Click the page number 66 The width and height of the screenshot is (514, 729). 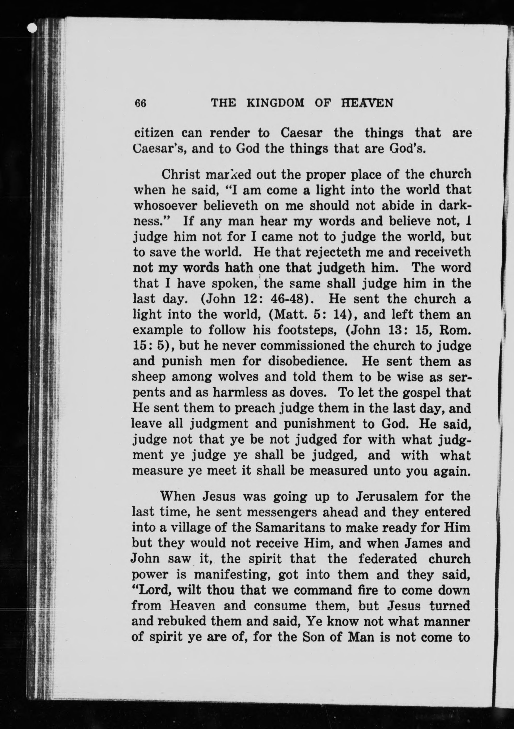point(140,104)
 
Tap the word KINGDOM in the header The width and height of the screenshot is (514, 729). point(275,103)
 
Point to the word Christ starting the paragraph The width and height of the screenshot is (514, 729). point(181,174)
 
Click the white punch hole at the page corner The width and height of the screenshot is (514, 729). point(32,29)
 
